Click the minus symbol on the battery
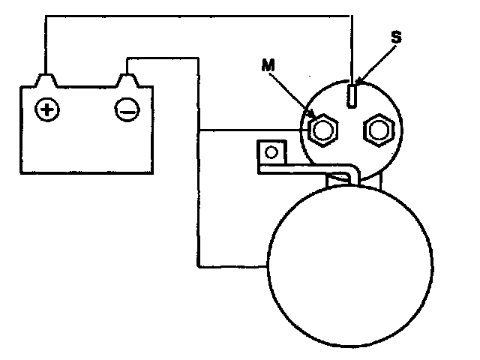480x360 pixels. [125, 110]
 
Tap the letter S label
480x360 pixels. [397, 37]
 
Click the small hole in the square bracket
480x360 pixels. [271, 152]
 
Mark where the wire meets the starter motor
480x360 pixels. [266, 265]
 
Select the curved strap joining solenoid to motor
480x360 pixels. [330, 172]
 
